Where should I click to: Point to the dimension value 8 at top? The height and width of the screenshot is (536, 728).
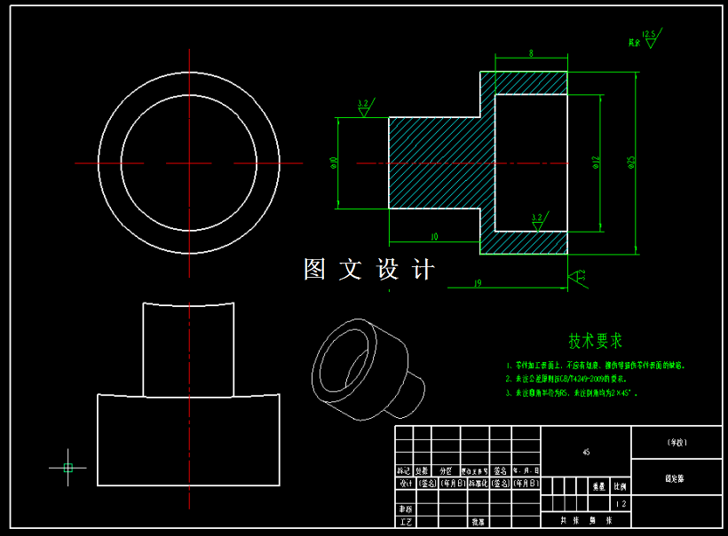point(531,54)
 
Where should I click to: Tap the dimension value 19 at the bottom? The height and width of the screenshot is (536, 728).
point(478,283)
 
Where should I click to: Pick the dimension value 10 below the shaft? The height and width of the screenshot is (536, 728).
point(434,237)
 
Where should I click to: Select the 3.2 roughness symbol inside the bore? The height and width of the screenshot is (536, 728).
point(537,221)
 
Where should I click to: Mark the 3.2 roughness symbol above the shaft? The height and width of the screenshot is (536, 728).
point(363,107)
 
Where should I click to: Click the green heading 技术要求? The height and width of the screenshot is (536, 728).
point(596,341)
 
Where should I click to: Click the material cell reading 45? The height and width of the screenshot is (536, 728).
point(586,452)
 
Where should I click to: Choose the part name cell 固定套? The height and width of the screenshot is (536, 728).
point(675,477)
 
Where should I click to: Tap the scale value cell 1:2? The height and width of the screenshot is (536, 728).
point(621,504)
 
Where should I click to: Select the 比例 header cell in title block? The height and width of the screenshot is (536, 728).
point(619,486)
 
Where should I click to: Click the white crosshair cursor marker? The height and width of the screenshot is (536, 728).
point(68,467)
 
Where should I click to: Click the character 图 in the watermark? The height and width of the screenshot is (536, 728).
point(315,269)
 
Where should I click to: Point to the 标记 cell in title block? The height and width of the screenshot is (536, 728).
point(404,470)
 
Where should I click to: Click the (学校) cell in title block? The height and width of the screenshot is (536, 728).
point(676,441)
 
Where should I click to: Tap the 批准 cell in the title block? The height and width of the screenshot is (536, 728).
point(478,522)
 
